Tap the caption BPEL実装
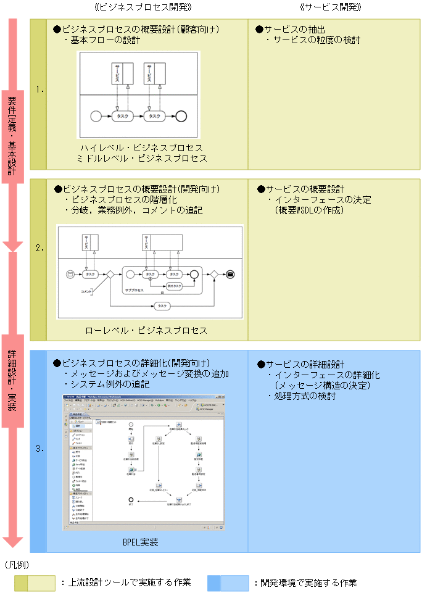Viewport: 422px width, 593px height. [x=140, y=542]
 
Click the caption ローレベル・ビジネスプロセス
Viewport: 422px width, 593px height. [x=146, y=330]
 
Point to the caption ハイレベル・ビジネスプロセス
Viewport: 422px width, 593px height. [x=141, y=148]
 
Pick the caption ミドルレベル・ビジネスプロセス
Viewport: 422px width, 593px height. [x=141, y=159]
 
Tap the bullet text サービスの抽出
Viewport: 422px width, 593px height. [x=294, y=30]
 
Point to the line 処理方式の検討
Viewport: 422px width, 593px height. [x=305, y=396]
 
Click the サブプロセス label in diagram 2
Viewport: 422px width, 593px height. [x=134, y=289]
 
